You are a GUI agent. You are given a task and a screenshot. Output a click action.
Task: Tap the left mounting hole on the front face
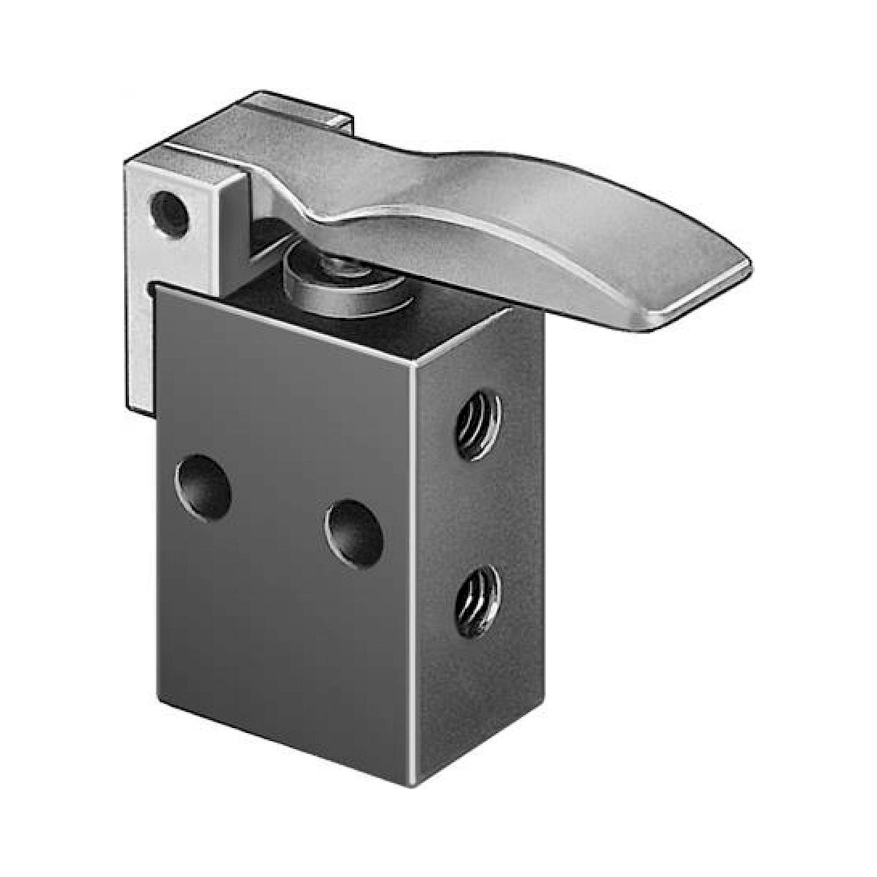(203, 488)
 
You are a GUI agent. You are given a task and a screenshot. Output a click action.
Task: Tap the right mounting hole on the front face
(354, 534)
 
